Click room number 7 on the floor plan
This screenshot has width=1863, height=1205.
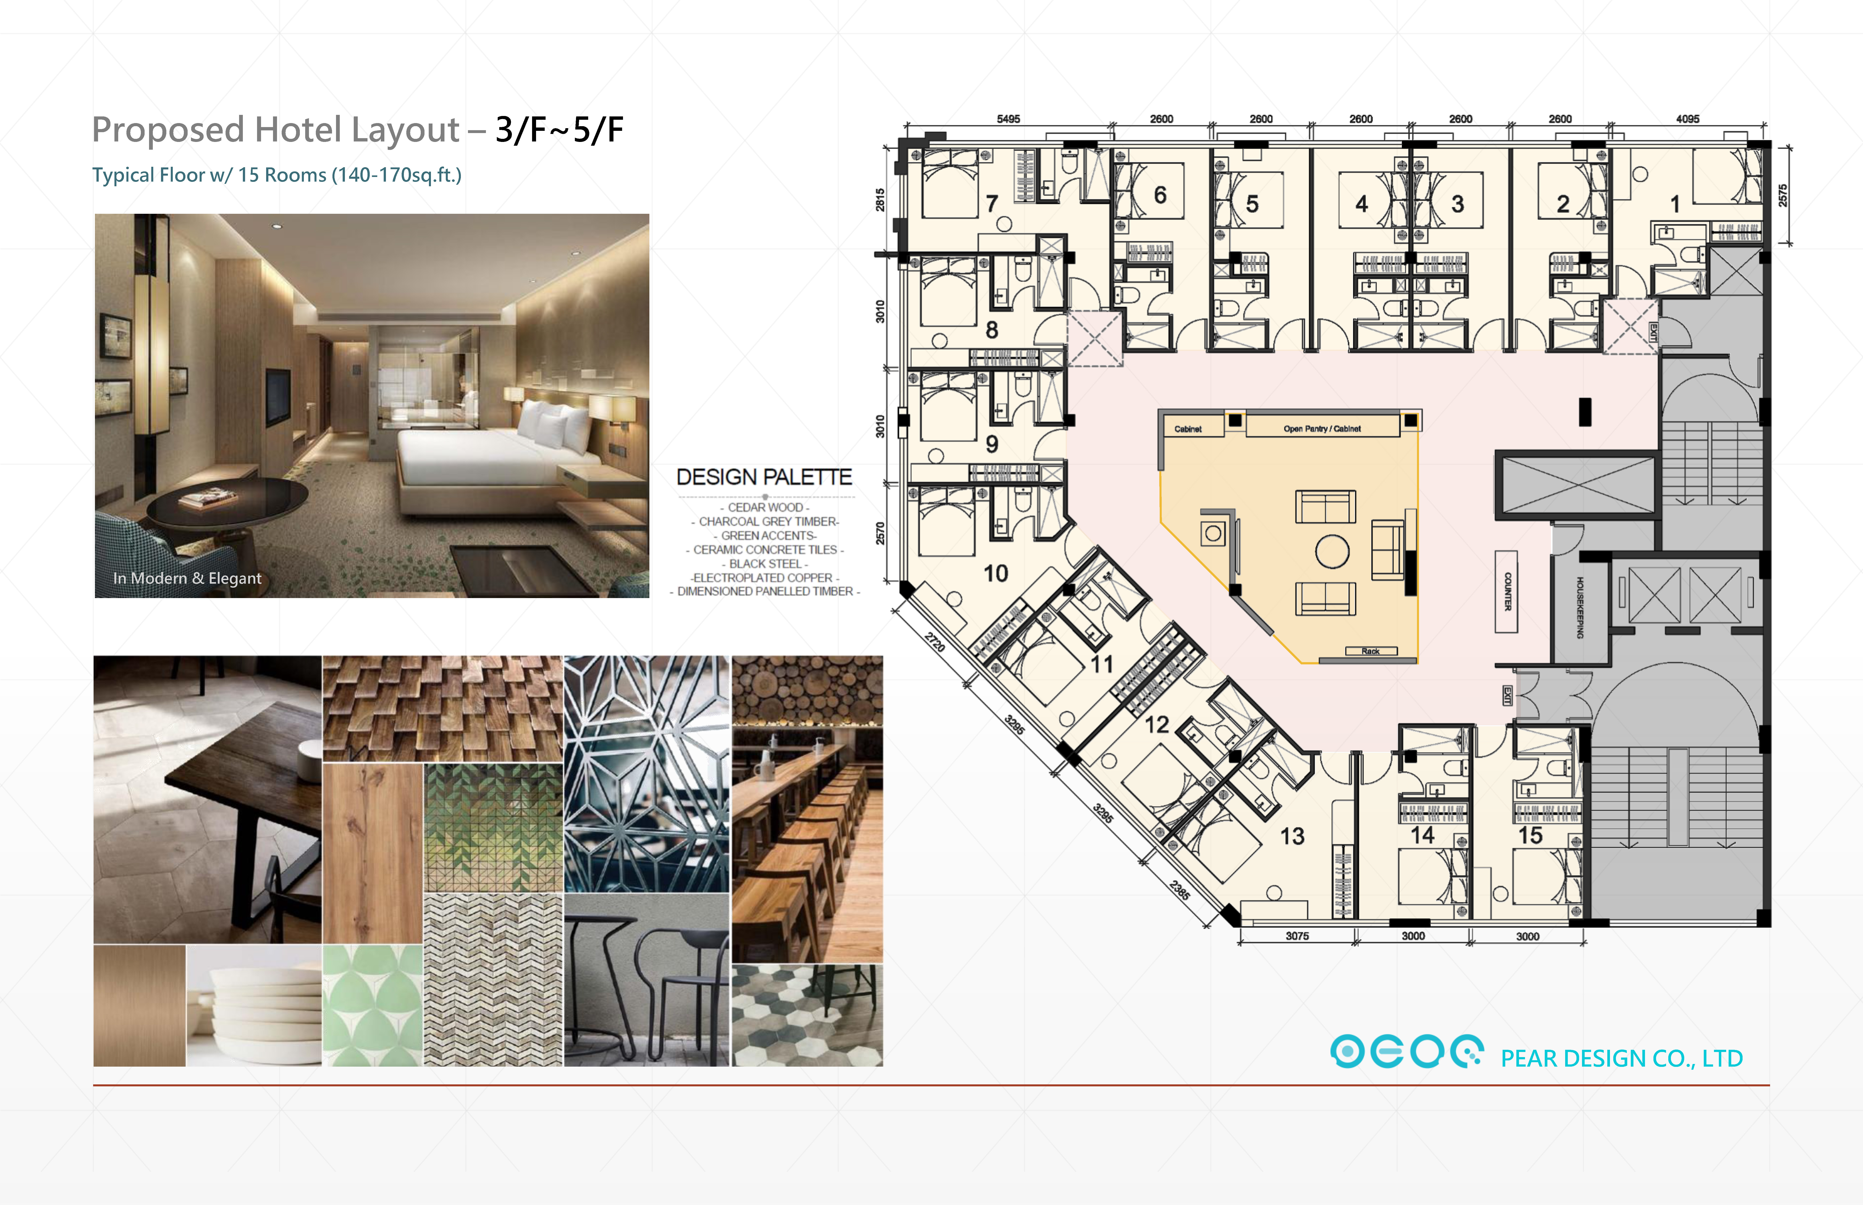tap(991, 203)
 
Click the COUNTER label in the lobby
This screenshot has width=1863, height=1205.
tap(1507, 592)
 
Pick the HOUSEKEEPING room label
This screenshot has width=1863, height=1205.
tap(1580, 607)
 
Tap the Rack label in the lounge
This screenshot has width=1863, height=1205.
tap(1370, 651)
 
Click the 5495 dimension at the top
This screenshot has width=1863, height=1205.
tap(1009, 119)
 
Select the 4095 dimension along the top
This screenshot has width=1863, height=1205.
tap(1688, 119)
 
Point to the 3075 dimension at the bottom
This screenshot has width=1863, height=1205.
tap(1297, 936)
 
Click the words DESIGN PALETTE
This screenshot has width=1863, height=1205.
tap(764, 477)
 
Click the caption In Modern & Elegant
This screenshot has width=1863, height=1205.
tap(187, 578)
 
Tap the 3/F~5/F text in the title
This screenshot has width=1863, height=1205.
tap(559, 130)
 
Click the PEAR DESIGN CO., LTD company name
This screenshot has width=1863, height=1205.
tap(1621, 1059)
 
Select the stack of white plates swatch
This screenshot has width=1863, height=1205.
tap(254, 1005)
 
